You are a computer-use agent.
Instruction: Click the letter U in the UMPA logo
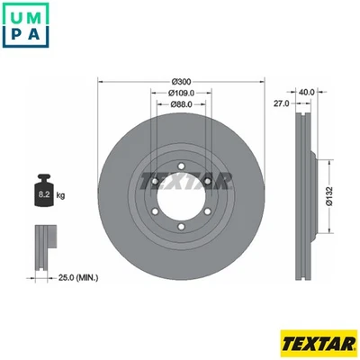tap(14, 15)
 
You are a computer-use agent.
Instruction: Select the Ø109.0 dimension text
tap(183, 93)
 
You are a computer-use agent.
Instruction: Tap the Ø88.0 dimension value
tap(183, 103)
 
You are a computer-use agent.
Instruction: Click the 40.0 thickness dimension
tap(306, 90)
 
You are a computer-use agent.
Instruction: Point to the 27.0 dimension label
tap(280, 104)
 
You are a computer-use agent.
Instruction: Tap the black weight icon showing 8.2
tap(43, 190)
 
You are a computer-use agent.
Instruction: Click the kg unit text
tap(61, 193)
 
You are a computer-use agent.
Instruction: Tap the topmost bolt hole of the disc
tap(183, 165)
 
